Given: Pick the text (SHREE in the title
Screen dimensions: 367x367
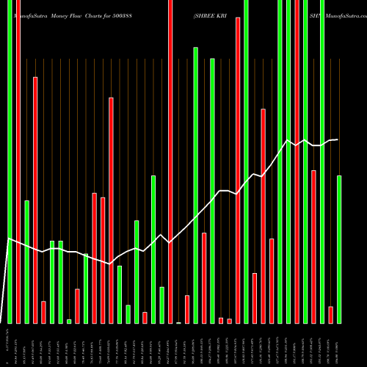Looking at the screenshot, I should [208, 14].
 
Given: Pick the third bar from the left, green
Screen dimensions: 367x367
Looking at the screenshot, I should [26, 261].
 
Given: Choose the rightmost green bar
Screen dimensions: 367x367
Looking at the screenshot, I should [339, 250].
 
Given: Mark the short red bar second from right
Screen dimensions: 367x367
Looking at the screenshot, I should [331, 315].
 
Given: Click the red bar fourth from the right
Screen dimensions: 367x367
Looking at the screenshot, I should [314, 247].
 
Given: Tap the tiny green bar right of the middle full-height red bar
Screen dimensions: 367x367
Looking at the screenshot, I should [178, 322].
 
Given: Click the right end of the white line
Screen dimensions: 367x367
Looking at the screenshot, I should [338, 139].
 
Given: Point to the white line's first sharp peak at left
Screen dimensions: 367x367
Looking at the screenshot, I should [8, 239].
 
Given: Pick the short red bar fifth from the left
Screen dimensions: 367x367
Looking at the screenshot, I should [43, 312].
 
